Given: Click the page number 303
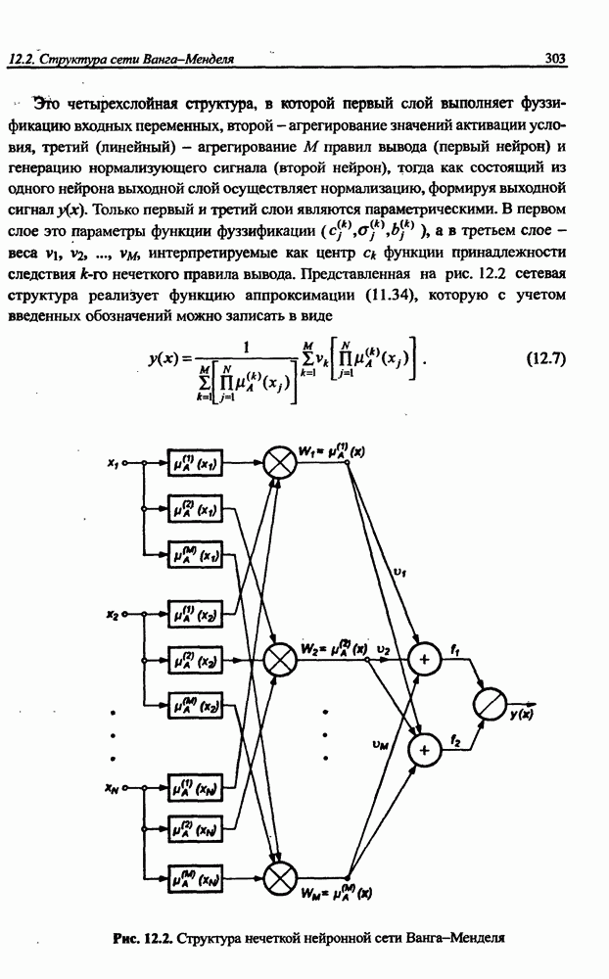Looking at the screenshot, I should click(x=556, y=59).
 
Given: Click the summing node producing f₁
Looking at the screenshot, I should click(x=425, y=659).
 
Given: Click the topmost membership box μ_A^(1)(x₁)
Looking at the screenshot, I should click(x=196, y=463).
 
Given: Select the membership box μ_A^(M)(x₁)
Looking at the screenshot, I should click(x=196, y=555).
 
